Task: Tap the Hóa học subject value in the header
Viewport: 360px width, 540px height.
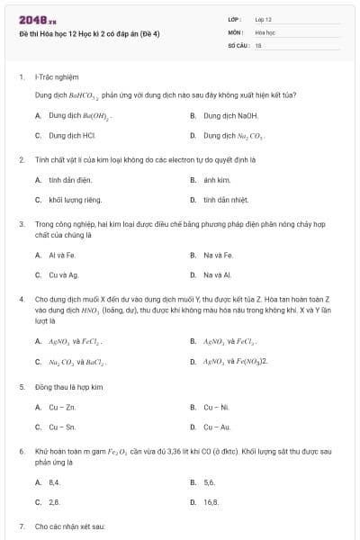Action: (265, 31)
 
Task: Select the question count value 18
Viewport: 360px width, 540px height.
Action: (257, 44)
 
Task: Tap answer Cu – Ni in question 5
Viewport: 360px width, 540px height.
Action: (216, 407)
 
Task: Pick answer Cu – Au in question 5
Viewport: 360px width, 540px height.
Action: (217, 427)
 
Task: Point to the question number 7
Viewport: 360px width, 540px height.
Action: (21, 525)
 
